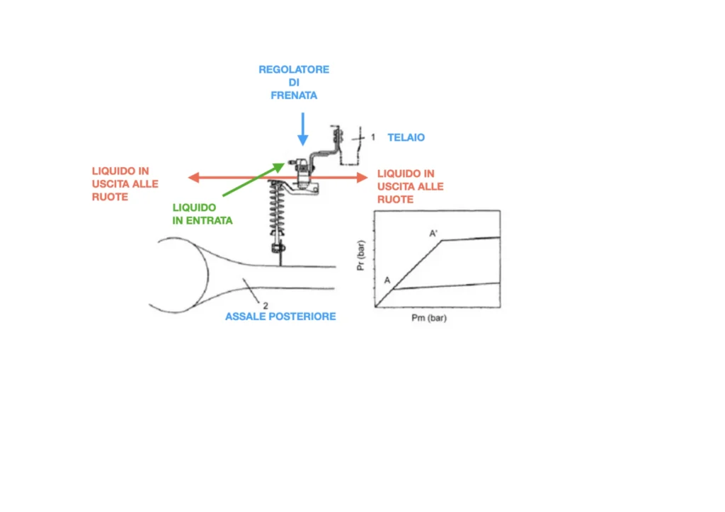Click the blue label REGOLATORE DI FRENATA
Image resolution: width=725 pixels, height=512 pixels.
click(x=294, y=82)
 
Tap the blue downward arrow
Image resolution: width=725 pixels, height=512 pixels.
click(x=302, y=130)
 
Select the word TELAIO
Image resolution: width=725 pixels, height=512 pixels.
click(x=406, y=137)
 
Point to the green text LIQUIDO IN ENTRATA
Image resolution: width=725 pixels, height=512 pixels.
click(x=202, y=214)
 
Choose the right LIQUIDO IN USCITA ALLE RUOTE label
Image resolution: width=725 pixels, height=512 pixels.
click(x=411, y=186)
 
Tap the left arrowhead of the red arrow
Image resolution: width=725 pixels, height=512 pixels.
click(x=193, y=178)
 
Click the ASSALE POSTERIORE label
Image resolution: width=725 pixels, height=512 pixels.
click(x=280, y=317)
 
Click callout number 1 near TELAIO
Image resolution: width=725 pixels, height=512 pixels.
click(x=373, y=137)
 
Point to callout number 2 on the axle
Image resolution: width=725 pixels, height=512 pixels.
click(x=265, y=305)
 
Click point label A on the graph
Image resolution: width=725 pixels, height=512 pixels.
click(x=387, y=280)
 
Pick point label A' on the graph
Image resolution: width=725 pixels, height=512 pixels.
click(x=434, y=232)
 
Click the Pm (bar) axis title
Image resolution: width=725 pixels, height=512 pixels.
click(x=428, y=319)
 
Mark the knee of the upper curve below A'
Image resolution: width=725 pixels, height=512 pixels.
click(x=442, y=241)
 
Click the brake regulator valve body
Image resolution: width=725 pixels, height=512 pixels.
click(x=304, y=173)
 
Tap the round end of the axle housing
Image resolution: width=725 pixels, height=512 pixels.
click(x=177, y=275)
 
